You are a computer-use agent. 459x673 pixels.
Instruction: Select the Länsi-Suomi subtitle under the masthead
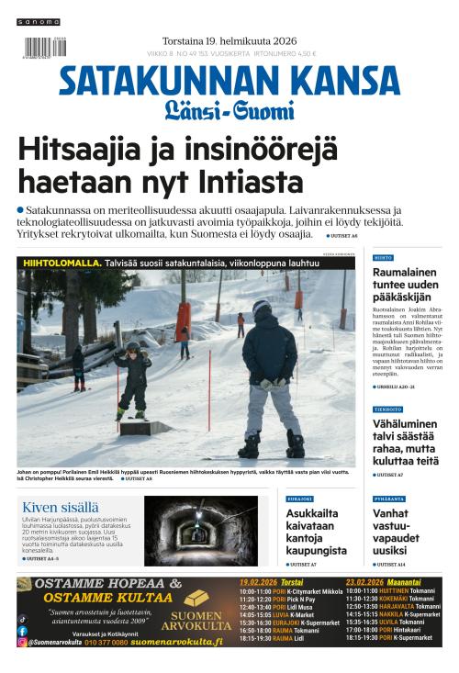[229, 111]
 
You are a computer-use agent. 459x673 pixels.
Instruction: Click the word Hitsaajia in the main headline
[78, 148]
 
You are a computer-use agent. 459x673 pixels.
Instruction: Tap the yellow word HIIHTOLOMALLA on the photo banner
[62, 263]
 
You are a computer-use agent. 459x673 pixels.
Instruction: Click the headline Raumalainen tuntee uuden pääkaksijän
[405, 285]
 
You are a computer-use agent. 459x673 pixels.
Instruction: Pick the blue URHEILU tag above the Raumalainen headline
[383, 258]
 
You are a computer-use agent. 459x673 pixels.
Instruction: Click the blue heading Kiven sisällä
[61, 506]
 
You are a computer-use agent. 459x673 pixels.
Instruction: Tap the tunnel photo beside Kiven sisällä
[201, 532]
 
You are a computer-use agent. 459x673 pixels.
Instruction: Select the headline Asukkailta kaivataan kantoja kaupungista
[316, 533]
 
